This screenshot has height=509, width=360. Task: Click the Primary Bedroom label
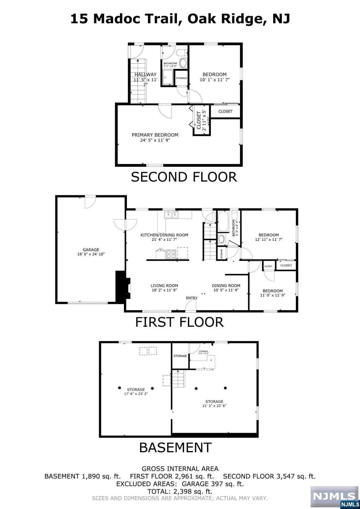(x=155, y=135)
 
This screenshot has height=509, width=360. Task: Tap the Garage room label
(x=91, y=250)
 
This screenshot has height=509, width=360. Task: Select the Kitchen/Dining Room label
(x=164, y=235)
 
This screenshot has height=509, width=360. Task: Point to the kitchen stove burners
(x=171, y=254)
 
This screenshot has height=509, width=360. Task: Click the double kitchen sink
(x=171, y=215)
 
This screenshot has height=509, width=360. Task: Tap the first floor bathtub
(x=223, y=221)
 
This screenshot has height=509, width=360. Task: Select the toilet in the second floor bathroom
(x=181, y=53)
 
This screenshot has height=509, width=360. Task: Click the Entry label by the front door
(x=192, y=298)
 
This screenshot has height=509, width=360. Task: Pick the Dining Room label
(x=226, y=285)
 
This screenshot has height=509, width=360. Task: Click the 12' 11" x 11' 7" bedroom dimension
(x=269, y=240)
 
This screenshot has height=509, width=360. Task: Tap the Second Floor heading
(x=184, y=177)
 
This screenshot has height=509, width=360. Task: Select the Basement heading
(x=175, y=447)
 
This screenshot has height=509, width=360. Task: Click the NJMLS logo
(x=334, y=497)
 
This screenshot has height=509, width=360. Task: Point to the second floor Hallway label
(x=145, y=75)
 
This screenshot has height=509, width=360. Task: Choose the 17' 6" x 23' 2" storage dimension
(x=136, y=394)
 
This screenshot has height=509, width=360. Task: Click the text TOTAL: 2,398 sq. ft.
(x=180, y=491)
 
